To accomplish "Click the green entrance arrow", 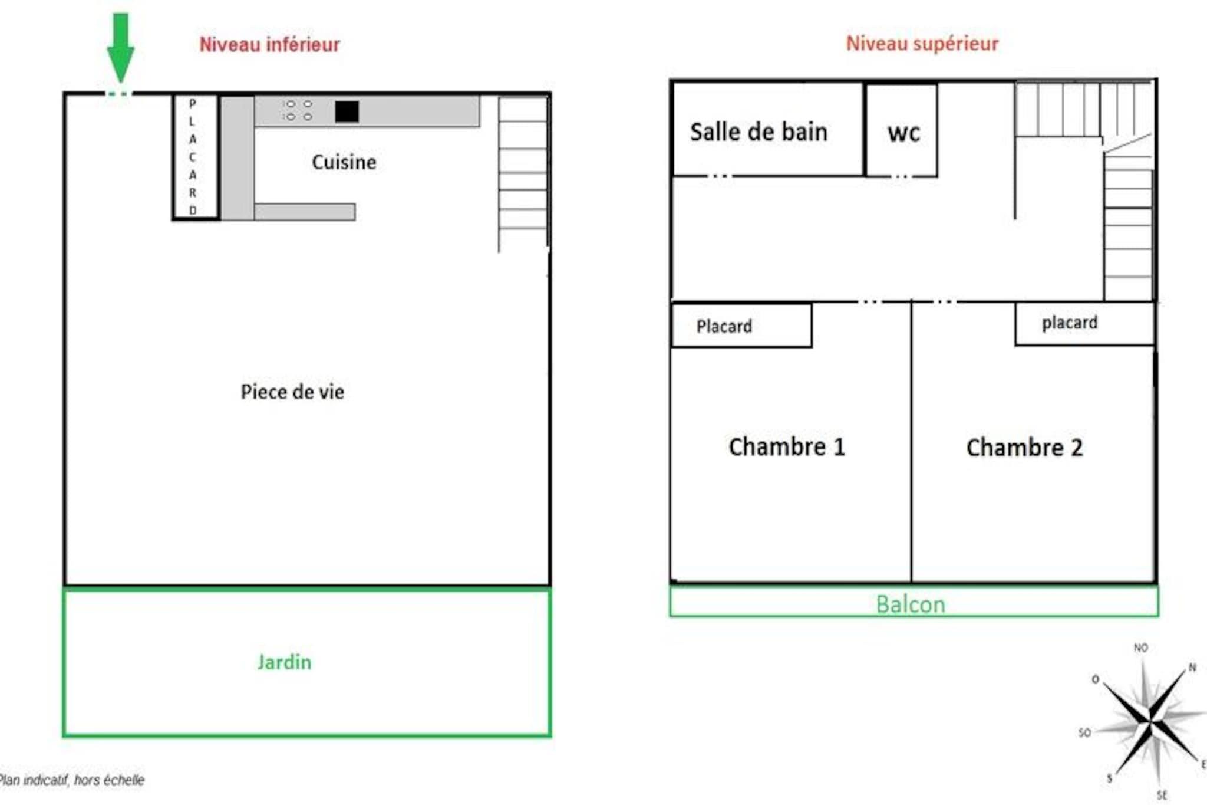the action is (120, 47).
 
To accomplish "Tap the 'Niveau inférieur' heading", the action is (269, 44).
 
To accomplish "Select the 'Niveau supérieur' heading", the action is (922, 43).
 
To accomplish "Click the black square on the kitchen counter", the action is (347, 111).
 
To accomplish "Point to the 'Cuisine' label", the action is (344, 162).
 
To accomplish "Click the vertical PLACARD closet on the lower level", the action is (196, 157).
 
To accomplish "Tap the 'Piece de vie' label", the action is (292, 392).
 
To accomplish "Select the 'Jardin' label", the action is (284, 662).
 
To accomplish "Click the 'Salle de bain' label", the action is (759, 132).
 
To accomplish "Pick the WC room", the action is (901, 130).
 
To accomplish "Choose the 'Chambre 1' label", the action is (787, 447).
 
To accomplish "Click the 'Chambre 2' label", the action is (1024, 448).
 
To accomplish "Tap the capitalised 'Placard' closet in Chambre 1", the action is (741, 325).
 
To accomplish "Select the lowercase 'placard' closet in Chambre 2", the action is (1084, 323).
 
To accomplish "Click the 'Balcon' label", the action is (911, 604).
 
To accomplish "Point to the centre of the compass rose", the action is (1150, 720).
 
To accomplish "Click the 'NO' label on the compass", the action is (1141, 648).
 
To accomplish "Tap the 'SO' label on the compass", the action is (1084, 732).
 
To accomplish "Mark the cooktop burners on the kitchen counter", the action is (298, 110).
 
